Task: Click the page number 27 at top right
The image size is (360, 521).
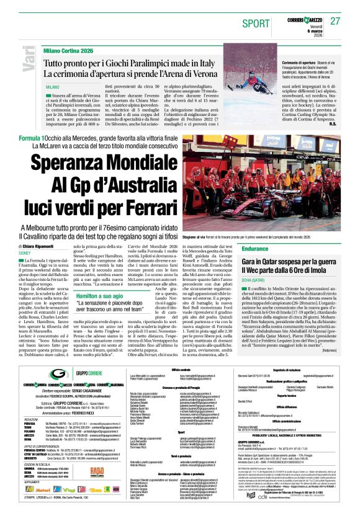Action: pyautogui.click(x=335, y=22)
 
